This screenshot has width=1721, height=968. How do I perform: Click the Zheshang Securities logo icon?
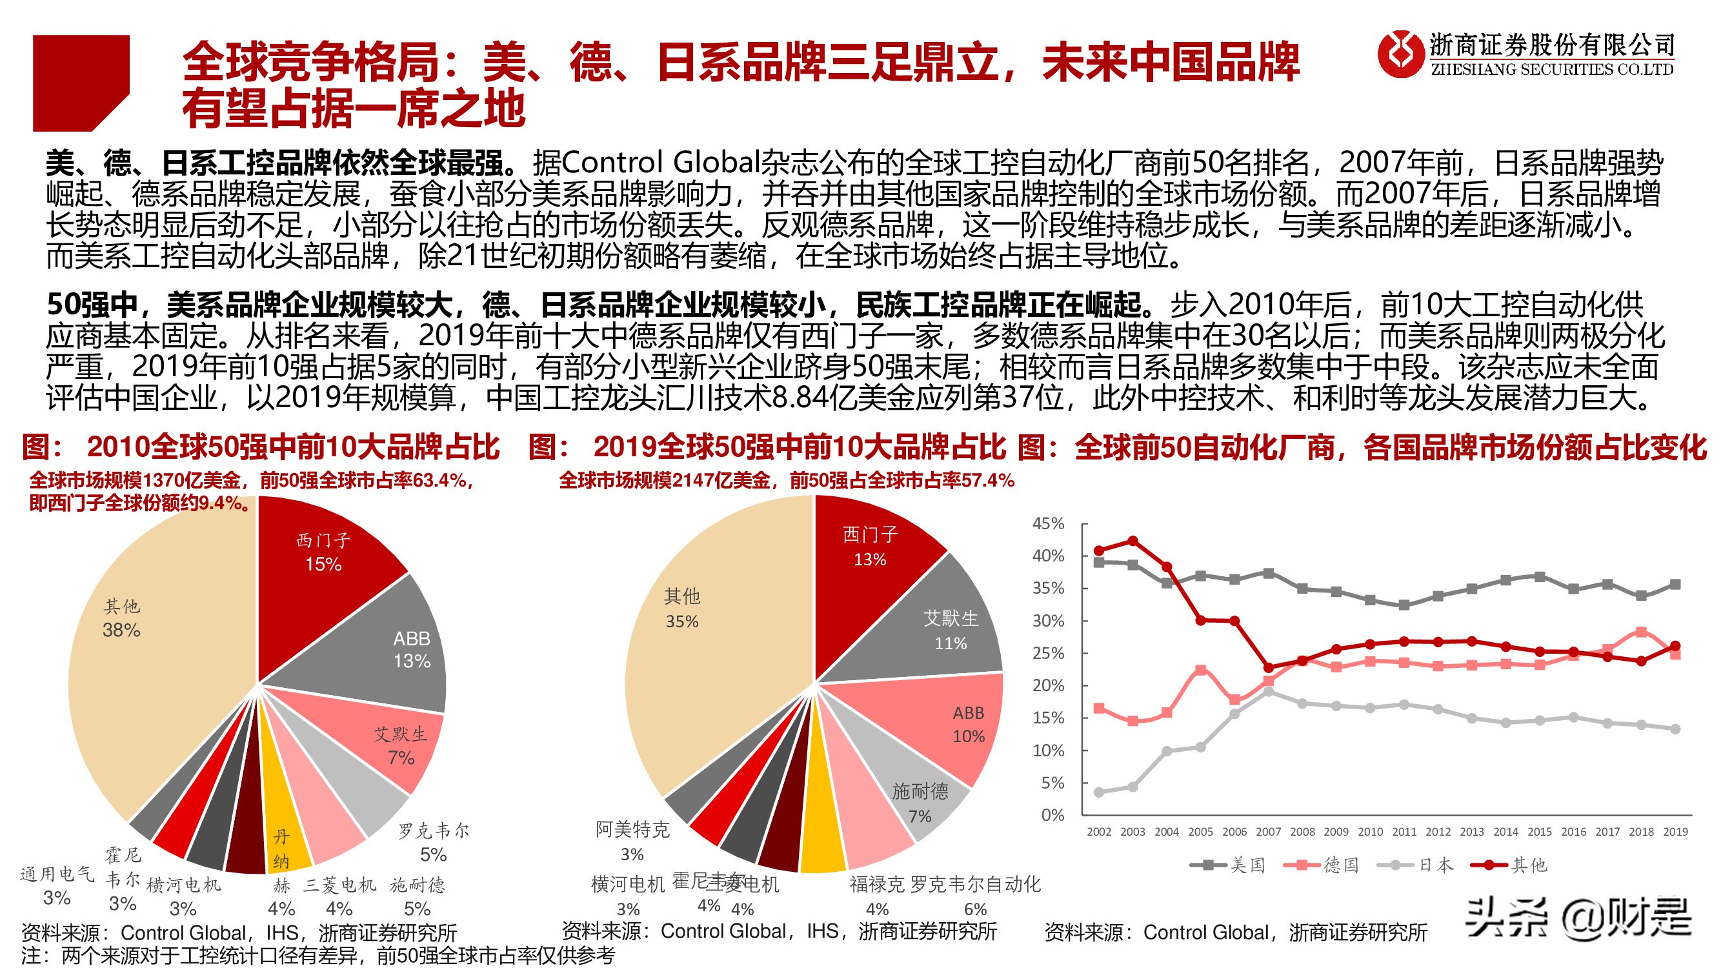(1400, 54)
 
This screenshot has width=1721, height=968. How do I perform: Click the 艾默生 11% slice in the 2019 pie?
(942, 631)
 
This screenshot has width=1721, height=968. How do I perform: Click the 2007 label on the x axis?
(1268, 832)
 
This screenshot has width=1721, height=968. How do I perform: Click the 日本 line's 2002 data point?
(1099, 792)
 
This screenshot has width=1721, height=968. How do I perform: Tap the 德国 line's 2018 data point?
(1642, 632)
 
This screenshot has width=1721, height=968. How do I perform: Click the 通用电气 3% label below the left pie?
(57, 885)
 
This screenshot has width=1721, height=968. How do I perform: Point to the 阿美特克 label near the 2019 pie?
(632, 830)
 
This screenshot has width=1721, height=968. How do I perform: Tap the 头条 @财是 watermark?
(1576, 918)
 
